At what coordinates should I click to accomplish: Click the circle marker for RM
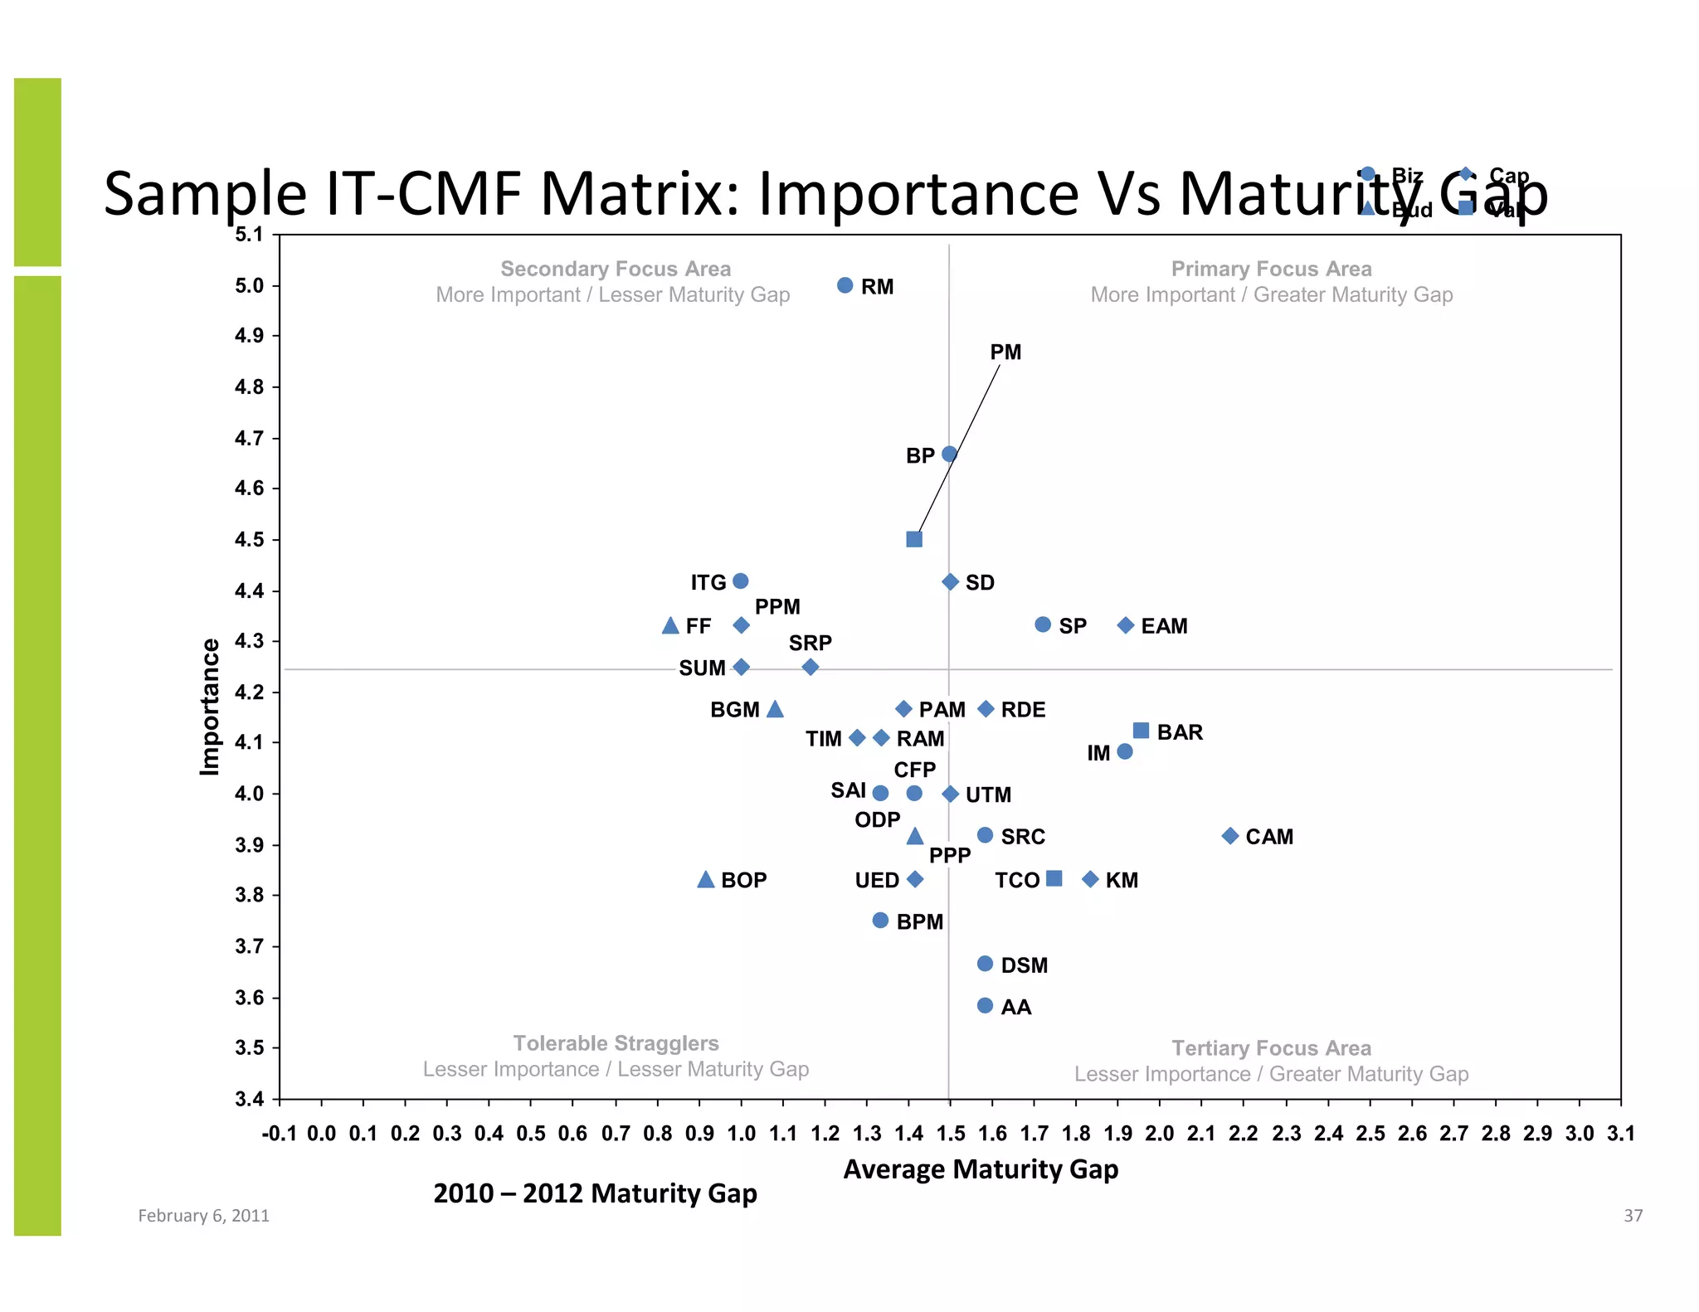[x=845, y=285]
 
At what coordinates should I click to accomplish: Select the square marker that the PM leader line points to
[x=913, y=539]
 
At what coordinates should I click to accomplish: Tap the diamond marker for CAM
[x=1230, y=835]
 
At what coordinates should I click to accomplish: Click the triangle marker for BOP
[x=705, y=879]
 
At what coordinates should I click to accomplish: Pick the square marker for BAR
[x=1141, y=731]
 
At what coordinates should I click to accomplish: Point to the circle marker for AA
[x=985, y=1005]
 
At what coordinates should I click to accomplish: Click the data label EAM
[x=1164, y=626]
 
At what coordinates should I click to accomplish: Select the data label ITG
[x=708, y=583]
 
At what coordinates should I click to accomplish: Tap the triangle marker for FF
[x=670, y=626]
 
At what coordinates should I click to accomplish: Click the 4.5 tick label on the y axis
[x=249, y=540]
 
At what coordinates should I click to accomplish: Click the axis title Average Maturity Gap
[x=981, y=1169]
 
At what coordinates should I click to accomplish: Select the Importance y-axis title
[x=210, y=707]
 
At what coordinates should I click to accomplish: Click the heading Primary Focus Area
[x=1271, y=269]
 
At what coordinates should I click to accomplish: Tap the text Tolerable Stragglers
[x=616, y=1043]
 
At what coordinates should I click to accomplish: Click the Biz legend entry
[x=1406, y=176]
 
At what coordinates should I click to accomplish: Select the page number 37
[x=1633, y=1216]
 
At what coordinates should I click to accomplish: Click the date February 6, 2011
[x=203, y=1216]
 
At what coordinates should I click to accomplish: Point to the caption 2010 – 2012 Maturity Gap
[x=595, y=1193]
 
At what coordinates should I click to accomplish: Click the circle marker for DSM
[x=985, y=964]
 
